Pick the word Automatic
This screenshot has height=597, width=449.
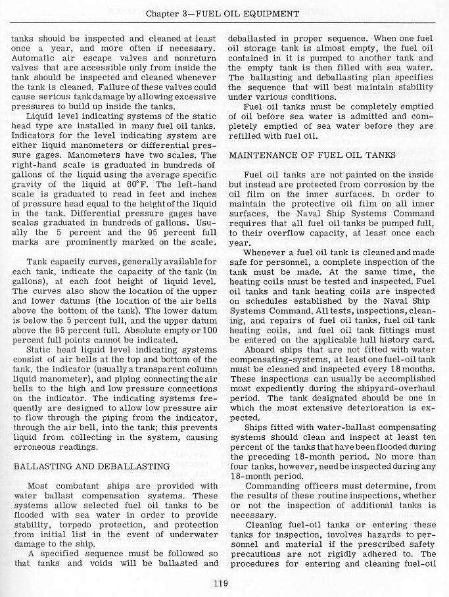[35, 58]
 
